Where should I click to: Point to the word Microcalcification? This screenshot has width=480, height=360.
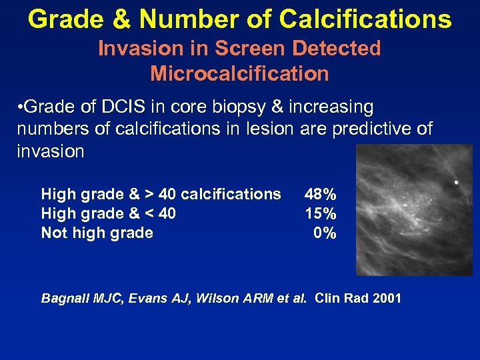(239, 73)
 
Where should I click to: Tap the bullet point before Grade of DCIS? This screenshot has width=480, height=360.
(21, 107)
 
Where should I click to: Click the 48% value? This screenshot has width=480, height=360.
(320, 194)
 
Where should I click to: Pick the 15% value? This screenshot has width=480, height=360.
(320, 213)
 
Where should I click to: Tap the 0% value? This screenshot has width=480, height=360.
(325, 233)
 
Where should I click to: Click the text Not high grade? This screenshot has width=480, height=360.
(97, 233)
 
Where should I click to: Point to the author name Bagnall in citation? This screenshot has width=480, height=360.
(64, 298)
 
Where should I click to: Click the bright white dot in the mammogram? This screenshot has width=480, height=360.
(456, 182)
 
